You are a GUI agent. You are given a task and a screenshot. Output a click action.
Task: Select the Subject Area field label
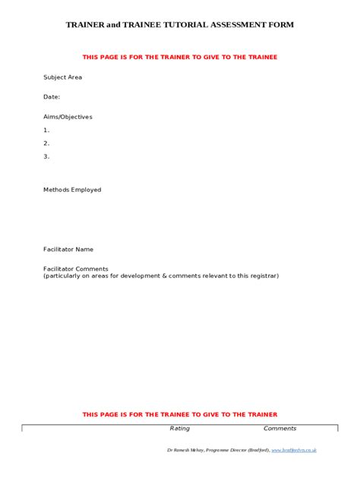pos(62,77)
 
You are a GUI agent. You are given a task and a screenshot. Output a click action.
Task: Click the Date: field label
pos(52,97)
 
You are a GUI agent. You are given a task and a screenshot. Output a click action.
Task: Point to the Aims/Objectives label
pos(68,117)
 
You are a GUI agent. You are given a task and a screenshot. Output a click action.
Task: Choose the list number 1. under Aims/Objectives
pos(46,130)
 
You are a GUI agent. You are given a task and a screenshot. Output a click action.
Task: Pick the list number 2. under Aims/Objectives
pos(46,143)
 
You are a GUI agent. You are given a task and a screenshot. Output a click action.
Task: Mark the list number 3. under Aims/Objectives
pos(46,156)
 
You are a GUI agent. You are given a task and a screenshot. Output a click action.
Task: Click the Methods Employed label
pos(72,190)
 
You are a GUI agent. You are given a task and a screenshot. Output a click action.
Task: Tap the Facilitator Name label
pos(68,249)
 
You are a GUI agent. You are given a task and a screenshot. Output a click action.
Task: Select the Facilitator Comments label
pos(76,269)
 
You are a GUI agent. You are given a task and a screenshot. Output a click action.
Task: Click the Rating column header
pos(180,429)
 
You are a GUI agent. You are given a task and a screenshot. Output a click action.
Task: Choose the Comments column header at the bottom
pos(279,429)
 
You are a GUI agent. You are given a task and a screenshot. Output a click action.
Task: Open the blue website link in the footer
pos(294,451)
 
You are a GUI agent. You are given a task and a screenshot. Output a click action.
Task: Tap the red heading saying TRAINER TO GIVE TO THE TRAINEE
pos(180,57)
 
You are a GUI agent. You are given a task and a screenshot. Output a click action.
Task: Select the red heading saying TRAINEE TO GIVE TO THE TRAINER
pos(180,414)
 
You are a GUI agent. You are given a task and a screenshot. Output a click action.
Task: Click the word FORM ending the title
pos(283,25)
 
